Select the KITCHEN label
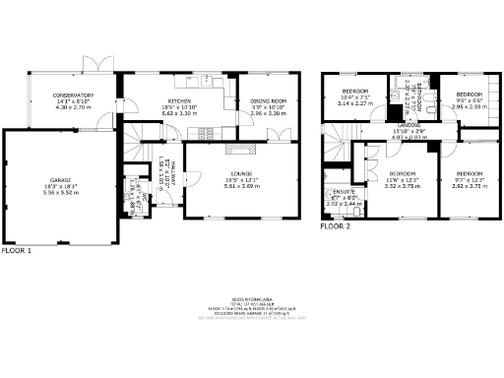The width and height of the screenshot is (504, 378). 178,101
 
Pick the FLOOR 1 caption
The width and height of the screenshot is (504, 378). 17,250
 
